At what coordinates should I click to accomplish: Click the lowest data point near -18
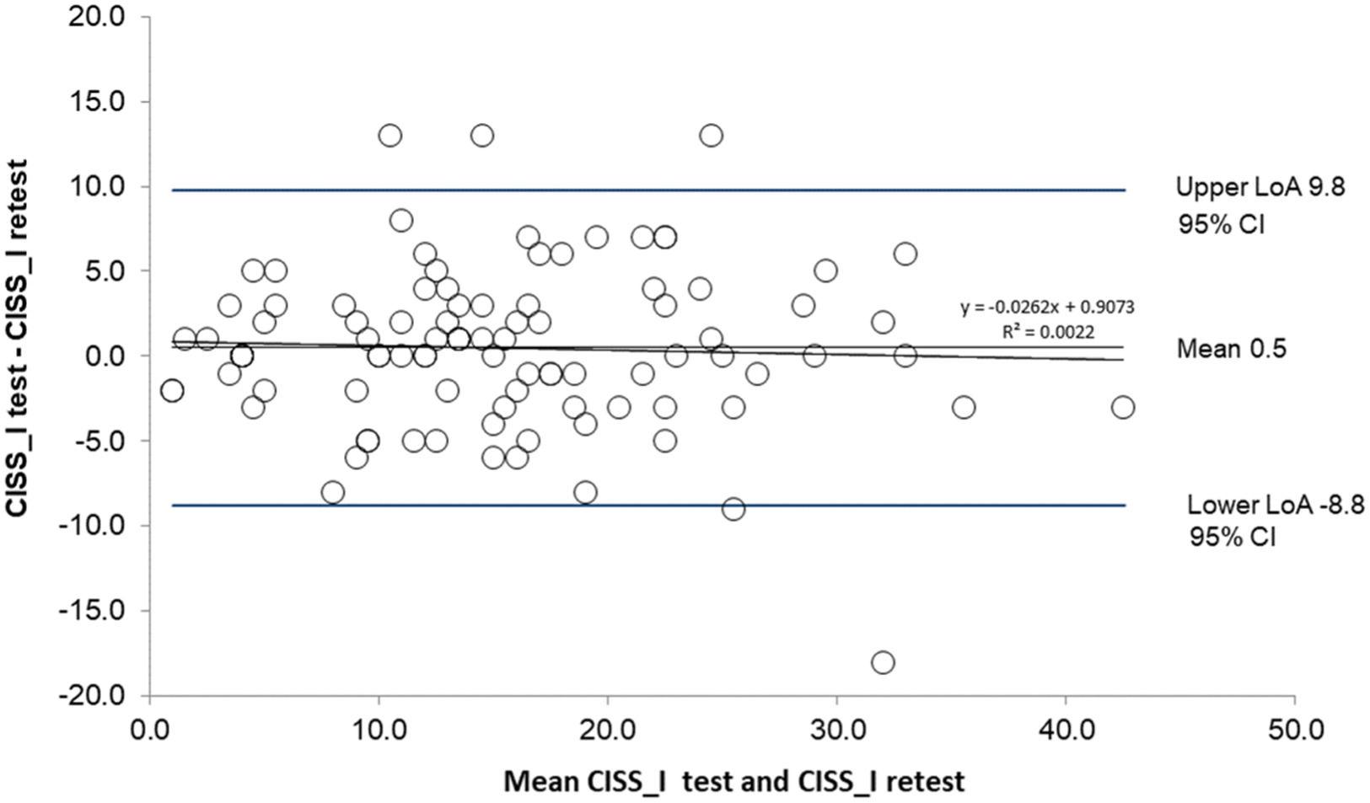tap(882, 662)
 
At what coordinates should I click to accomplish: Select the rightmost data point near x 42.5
tap(1122, 407)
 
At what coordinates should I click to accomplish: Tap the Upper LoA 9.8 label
tap(1260, 187)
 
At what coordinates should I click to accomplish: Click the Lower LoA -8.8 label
tap(1275, 506)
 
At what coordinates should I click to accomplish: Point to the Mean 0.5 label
tap(1231, 349)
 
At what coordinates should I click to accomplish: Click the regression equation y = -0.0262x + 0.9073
tap(1047, 308)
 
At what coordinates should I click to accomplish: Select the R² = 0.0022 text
tap(1047, 332)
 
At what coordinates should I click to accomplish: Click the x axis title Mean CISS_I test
tap(733, 782)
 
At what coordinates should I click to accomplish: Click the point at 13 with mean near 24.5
tap(711, 135)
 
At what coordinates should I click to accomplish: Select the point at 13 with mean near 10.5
tap(390, 135)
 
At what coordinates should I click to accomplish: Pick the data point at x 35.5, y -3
tap(963, 407)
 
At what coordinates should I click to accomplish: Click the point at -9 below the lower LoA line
tap(733, 509)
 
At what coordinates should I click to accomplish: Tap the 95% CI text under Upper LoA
tap(1221, 225)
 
